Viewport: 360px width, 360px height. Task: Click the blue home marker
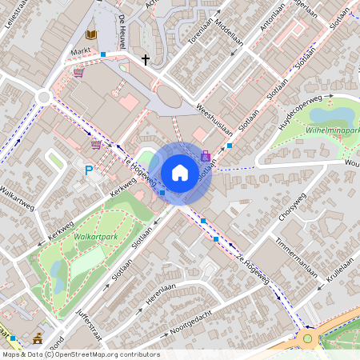click(x=180, y=173)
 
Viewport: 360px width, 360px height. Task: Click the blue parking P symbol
click(x=89, y=170)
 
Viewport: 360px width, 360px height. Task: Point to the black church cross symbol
click(x=146, y=59)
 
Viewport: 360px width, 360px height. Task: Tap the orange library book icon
click(x=91, y=34)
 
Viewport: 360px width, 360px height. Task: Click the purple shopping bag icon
click(x=206, y=156)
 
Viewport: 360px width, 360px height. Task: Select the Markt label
click(x=81, y=51)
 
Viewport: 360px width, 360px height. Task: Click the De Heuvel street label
click(x=121, y=32)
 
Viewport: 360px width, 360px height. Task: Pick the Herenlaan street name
click(x=160, y=294)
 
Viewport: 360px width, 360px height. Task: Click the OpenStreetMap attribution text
click(x=80, y=354)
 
